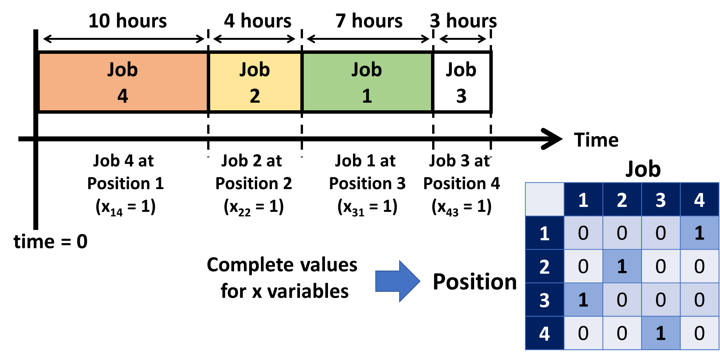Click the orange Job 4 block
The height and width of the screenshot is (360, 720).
click(x=123, y=82)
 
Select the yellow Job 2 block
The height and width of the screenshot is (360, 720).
click(x=255, y=82)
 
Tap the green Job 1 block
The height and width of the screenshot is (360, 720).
click(x=367, y=82)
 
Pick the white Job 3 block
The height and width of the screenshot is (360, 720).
click(x=461, y=82)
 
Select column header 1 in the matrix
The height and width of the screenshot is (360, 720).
click(x=583, y=200)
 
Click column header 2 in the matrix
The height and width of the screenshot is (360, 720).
click(x=622, y=200)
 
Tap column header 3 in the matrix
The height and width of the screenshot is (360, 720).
click(x=661, y=200)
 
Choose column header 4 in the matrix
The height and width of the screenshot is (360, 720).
click(x=699, y=200)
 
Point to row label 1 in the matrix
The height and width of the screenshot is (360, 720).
click(x=544, y=233)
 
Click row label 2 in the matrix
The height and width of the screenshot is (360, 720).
click(x=544, y=266)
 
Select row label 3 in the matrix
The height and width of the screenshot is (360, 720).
click(x=544, y=300)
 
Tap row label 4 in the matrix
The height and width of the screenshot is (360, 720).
click(x=544, y=333)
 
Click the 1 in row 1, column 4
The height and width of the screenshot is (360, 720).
click(x=699, y=233)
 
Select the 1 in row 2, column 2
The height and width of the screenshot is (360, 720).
click(x=622, y=266)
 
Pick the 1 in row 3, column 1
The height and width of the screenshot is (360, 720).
click(x=583, y=300)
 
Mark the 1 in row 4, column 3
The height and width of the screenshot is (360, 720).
click(x=661, y=333)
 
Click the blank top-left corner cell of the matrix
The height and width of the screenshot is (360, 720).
click(x=544, y=200)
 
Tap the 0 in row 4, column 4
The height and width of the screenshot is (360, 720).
click(x=699, y=333)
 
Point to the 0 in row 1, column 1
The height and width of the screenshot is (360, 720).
click(x=583, y=233)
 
